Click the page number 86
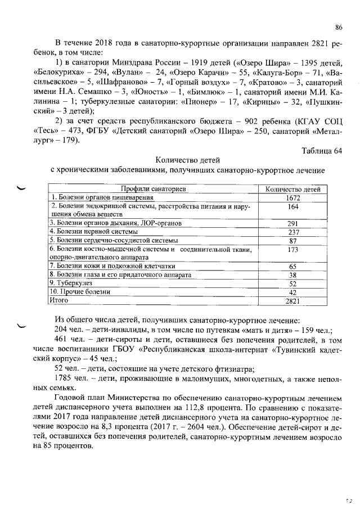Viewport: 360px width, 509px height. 339,27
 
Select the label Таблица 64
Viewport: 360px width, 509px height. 321,150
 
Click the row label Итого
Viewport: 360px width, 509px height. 58,300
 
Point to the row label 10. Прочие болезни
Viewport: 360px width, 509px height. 79,292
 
